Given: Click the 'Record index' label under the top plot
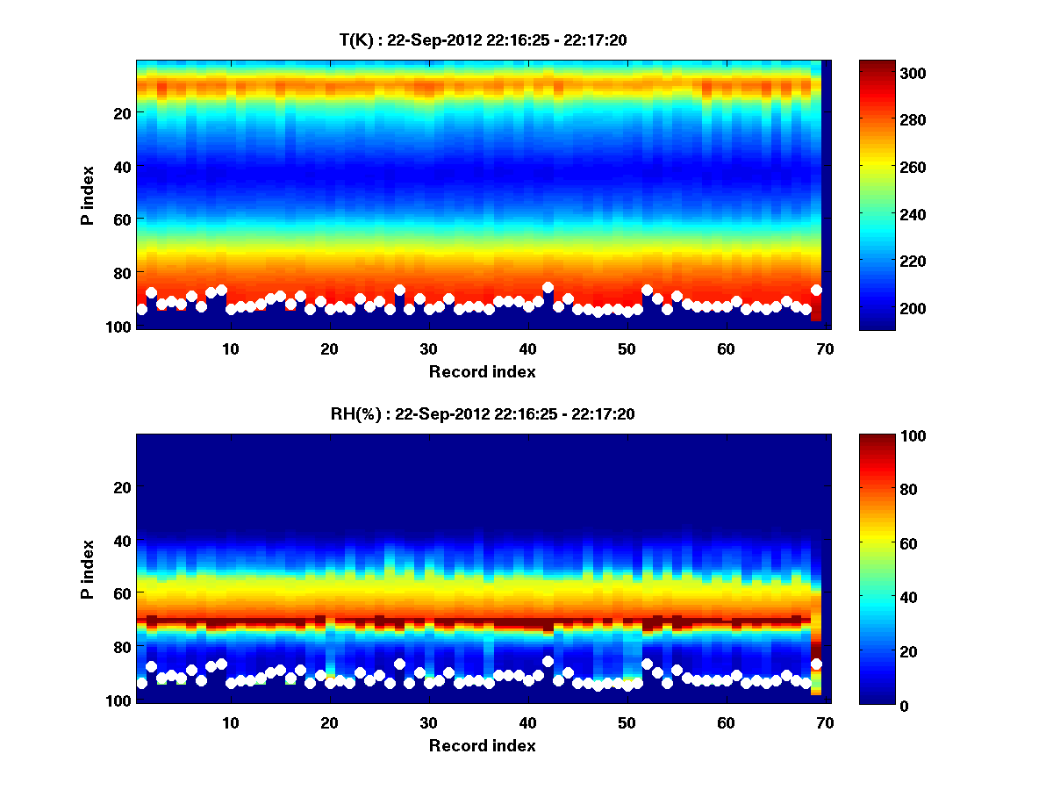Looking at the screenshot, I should [x=482, y=371].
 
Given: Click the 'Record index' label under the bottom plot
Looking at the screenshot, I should [x=482, y=745].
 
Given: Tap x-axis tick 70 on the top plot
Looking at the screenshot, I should [x=825, y=348].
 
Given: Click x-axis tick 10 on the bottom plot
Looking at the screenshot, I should [x=230, y=722].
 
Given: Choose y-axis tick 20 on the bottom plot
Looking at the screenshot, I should [x=123, y=487].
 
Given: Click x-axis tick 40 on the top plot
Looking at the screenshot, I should [x=527, y=348].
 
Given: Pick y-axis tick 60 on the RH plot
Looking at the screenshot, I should [x=123, y=593].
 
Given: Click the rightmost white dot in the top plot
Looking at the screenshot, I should [x=816, y=290].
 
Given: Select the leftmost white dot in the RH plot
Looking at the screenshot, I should [x=142, y=683].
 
